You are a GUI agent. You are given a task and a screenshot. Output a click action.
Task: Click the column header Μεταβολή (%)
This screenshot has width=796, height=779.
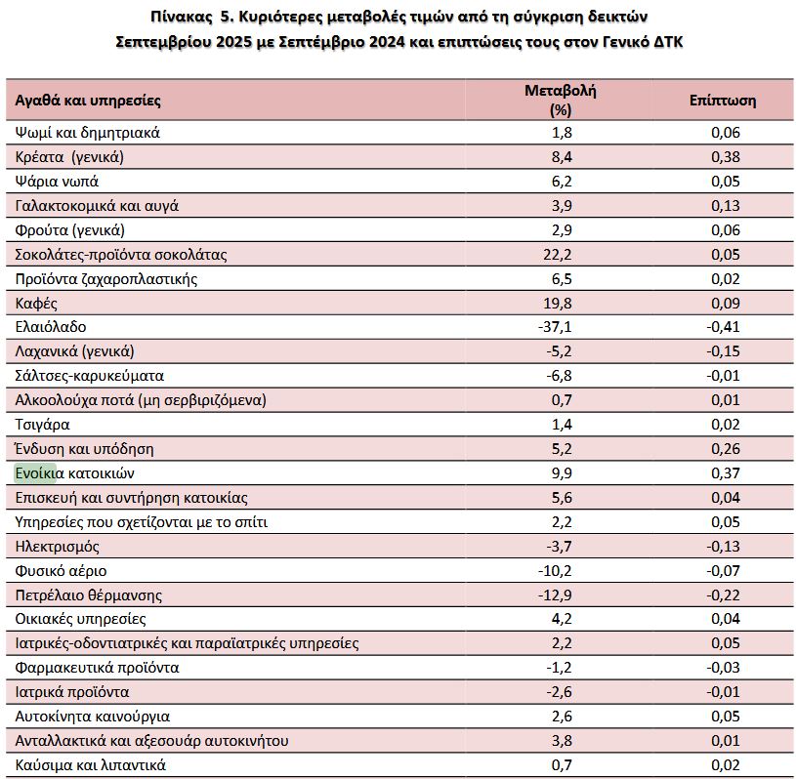point(560,99)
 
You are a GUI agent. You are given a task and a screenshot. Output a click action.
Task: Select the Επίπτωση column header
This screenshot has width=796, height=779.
point(722,100)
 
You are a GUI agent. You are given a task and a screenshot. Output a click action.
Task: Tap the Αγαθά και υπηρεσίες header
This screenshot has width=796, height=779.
point(88,100)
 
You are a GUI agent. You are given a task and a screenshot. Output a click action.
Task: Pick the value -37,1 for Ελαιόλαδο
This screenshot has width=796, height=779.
point(560,327)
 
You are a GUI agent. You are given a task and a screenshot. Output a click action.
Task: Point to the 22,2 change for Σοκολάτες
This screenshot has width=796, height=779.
point(561,255)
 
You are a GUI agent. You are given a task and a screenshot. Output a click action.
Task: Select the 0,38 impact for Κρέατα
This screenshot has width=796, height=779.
point(723,157)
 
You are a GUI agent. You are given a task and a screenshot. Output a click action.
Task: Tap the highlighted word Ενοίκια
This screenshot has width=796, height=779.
point(36,473)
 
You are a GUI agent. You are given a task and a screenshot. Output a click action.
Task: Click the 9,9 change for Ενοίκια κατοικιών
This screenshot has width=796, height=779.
point(561,473)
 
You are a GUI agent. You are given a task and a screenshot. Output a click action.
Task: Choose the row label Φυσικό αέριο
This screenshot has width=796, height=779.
point(62,570)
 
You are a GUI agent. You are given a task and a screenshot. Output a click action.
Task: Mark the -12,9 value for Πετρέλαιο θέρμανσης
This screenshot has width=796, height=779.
point(560,594)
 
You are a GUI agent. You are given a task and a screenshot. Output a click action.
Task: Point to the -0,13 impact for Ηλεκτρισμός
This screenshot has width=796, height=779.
point(722,546)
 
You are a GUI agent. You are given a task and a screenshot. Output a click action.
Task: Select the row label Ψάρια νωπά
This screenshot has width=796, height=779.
point(58,182)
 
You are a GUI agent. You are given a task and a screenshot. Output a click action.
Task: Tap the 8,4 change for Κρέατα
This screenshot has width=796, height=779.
point(561,157)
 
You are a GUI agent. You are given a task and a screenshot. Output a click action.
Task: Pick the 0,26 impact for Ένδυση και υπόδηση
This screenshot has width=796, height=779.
point(723,449)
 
